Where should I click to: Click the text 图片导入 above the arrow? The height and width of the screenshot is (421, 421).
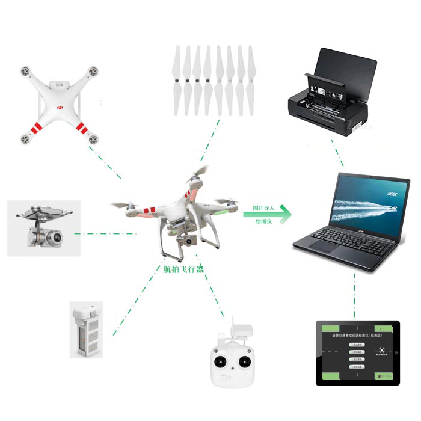click(x=259, y=208)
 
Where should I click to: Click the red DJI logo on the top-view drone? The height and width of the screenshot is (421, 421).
click(x=60, y=106)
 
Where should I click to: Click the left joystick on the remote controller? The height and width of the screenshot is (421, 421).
click(x=221, y=362)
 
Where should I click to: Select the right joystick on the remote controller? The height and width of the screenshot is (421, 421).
click(x=245, y=362)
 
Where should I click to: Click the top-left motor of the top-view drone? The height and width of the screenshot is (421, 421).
click(x=25, y=71)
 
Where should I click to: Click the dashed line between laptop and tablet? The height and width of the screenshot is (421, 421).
click(x=355, y=295)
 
